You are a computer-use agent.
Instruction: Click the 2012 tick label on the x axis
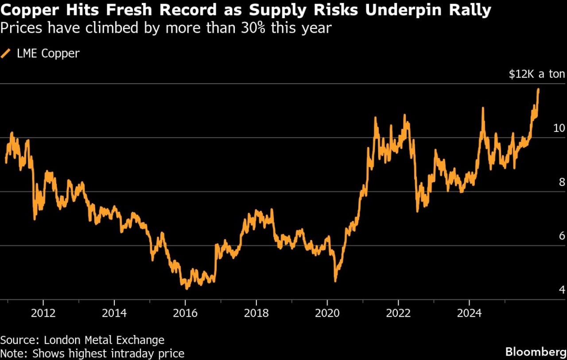coord(43,314)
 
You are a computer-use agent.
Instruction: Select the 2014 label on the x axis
coord(114,314)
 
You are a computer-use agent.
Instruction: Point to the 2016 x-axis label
coord(185,314)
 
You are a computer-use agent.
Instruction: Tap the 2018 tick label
coord(256,314)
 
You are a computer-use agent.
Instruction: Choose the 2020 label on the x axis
coord(327,314)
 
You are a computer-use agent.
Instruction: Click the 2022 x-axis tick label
coord(398,314)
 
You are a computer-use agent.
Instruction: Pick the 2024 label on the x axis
coord(469,314)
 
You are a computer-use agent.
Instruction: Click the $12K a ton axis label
coord(536,74)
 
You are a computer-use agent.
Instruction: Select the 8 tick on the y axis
coord(562,182)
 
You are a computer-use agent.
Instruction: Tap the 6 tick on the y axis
coord(562,236)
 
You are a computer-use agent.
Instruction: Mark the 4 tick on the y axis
coord(562,290)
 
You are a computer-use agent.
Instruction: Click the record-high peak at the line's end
coord(538,89)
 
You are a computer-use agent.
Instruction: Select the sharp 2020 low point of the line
coord(335,281)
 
